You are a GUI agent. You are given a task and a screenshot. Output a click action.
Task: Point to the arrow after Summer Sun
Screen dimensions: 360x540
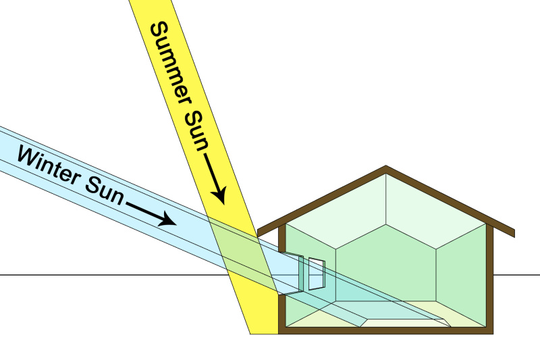[x=217, y=182]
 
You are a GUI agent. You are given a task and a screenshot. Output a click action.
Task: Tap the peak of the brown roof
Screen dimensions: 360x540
[x=385, y=168]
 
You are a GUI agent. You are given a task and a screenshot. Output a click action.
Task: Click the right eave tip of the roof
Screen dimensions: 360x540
[x=513, y=233]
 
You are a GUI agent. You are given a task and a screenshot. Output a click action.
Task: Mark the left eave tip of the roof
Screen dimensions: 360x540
[x=259, y=232]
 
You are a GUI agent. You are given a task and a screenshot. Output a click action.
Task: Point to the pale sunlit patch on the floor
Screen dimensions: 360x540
[x=405, y=317]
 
